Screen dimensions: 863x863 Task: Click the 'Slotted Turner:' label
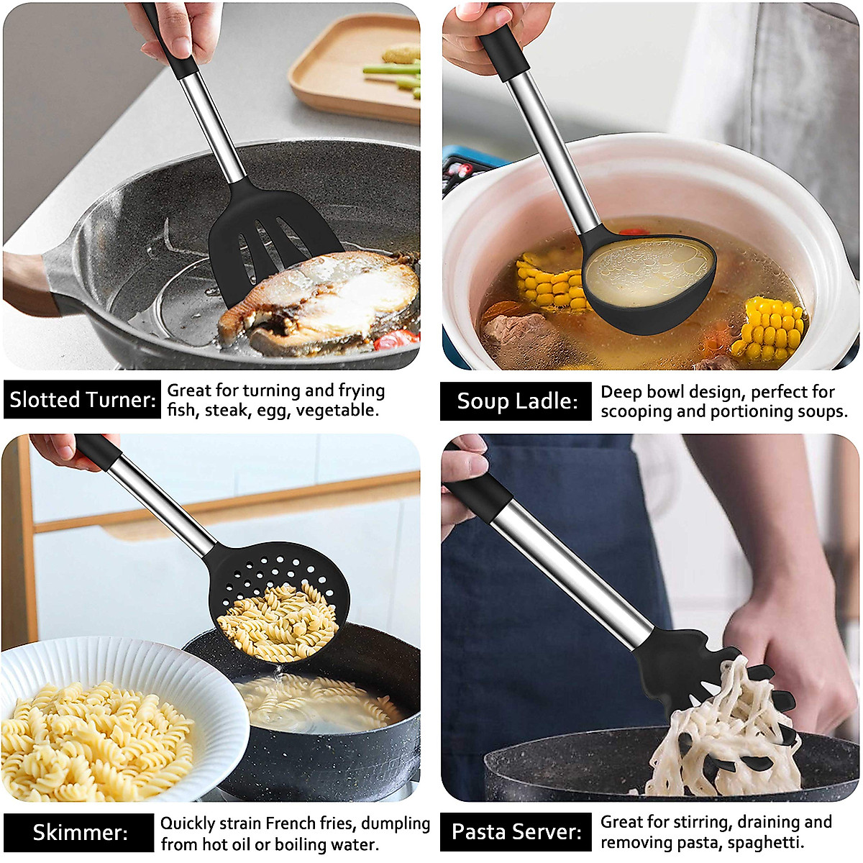82,400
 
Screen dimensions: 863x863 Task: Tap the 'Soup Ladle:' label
516,401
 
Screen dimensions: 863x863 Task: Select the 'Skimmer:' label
79,833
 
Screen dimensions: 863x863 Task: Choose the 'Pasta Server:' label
516,832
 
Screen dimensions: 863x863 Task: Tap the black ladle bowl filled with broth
647,280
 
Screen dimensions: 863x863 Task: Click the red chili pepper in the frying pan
396,339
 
